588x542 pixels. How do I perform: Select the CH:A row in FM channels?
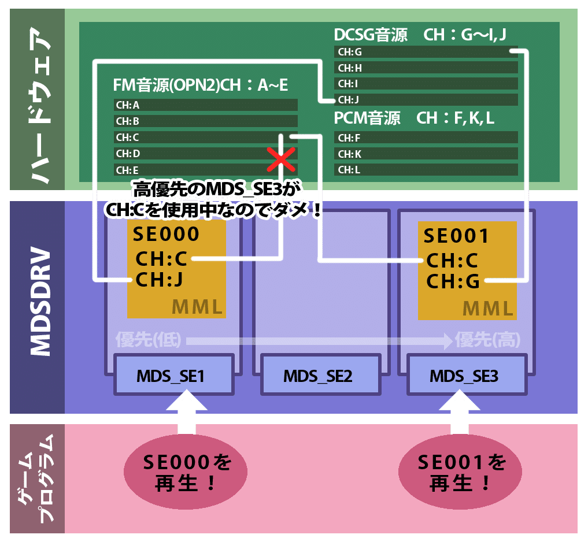coord(205,105)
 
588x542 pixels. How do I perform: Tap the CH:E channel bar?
coord(205,170)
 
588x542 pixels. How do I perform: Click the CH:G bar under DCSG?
coord(426,52)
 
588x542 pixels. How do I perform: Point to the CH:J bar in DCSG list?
coord(426,100)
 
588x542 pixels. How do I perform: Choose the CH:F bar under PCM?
coord(426,138)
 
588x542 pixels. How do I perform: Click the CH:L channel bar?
coord(426,170)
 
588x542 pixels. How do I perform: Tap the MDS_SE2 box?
coord(317,377)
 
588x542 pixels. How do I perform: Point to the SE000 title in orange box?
coord(166,234)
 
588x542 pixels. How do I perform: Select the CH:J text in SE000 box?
coord(159,280)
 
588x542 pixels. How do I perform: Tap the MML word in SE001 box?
coord(489,308)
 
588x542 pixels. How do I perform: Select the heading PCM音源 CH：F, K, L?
coord(414,118)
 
